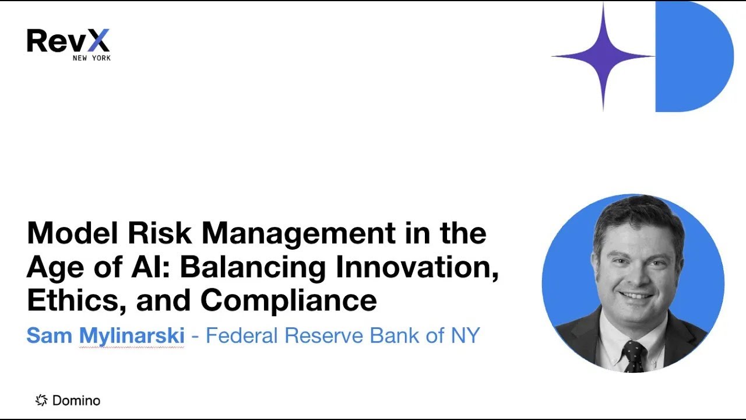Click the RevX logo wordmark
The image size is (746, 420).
point(68,41)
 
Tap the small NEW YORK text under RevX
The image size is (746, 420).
point(92,58)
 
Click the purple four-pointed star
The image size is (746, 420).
point(603,57)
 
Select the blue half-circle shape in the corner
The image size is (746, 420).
point(691,57)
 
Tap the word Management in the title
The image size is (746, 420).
point(298,234)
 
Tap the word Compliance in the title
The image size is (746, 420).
point(288,300)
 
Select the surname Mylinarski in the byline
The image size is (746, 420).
point(132,335)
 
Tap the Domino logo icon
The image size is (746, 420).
point(41,400)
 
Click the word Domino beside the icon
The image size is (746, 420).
point(76,401)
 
